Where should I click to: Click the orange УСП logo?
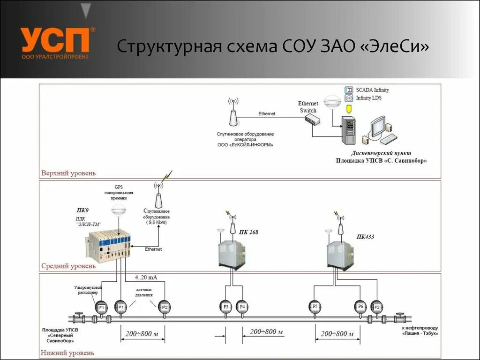(x=55, y=40)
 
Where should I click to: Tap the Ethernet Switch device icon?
(x=311, y=119)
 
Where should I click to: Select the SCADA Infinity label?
(x=372, y=90)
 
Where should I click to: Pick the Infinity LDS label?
(x=370, y=98)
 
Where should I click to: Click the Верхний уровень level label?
(x=68, y=173)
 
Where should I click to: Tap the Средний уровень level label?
(x=68, y=266)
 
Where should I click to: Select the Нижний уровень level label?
(x=67, y=352)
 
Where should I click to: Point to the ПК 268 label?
(x=248, y=232)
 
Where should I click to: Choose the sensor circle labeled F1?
(x=101, y=307)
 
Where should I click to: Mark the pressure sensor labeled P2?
(x=164, y=307)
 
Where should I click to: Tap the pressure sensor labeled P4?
(x=242, y=307)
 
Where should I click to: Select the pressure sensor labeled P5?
(x=315, y=307)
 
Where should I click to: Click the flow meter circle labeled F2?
(x=376, y=307)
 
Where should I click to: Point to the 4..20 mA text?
(x=146, y=277)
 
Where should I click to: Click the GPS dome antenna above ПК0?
(x=118, y=211)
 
